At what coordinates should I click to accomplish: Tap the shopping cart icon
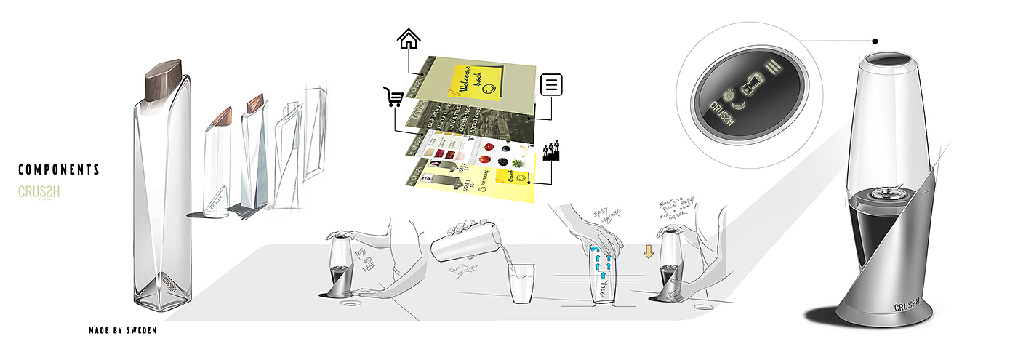click(393, 97)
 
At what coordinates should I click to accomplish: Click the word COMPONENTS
click(59, 170)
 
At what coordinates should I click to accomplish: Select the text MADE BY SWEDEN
click(122, 331)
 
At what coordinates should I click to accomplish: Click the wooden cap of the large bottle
click(166, 80)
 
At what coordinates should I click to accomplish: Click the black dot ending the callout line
click(875, 41)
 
